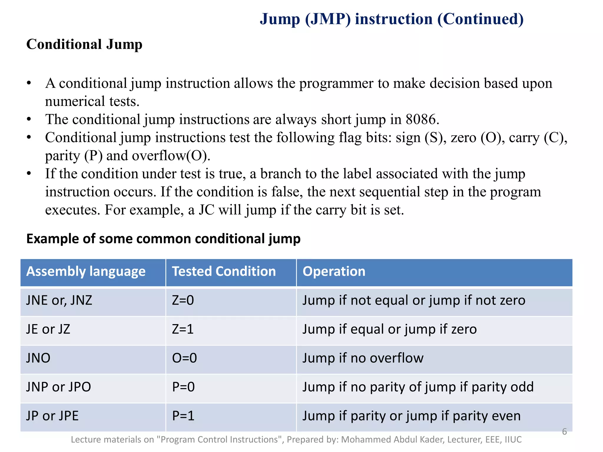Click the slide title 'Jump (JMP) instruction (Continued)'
click(x=392, y=19)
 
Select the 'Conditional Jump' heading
click(x=84, y=44)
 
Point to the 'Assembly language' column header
click(x=86, y=271)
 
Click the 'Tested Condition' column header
click(x=224, y=271)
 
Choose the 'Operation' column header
click(x=334, y=271)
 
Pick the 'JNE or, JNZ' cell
click(x=59, y=300)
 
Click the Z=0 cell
click(x=183, y=300)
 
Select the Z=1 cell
click(x=183, y=329)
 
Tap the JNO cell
click(x=38, y=358)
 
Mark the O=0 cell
click(x=184, y=358)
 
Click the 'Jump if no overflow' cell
click(x=363, y=358)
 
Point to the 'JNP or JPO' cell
click(x=59, y=387)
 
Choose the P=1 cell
click(x=183, y=416)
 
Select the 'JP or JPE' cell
click(x=52, y=416)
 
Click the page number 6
click(x=564, y=431)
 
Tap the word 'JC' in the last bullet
click(x=206, y=210)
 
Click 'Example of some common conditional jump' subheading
click(x=163, y=239)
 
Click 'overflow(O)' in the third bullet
click(x=171, y=156)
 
